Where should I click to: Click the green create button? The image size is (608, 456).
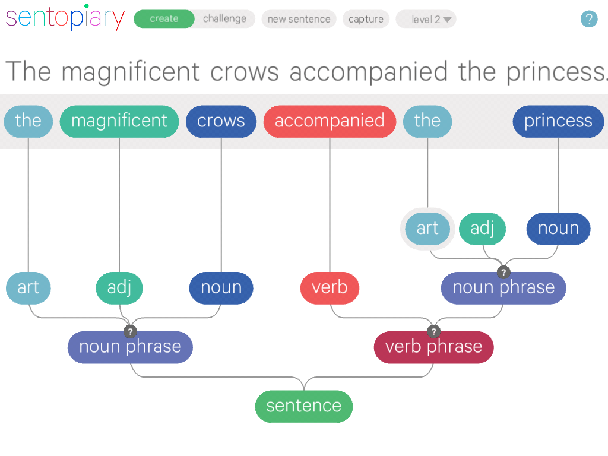tap(164, 19)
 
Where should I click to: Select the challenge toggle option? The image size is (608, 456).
tap(224, 19)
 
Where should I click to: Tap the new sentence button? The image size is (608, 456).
tap(299, 19)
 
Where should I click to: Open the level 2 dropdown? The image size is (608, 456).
tap(426, 19)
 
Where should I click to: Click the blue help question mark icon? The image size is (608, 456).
tap(588, 19)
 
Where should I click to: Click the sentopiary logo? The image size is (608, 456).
tap(65, 18)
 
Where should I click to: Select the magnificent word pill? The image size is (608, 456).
tap(119, 121)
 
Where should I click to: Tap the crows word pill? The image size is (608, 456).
tap(221, 121)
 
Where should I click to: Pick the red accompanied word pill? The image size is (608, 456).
tap(330, 121)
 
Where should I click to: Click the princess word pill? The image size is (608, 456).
tap(558, 121)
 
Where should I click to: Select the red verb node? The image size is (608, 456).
tap(330, 287)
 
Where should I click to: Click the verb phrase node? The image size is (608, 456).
tap(433, 347)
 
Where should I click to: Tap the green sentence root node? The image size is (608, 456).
tap(304, 406)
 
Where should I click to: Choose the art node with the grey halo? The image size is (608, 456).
tap(427, 229)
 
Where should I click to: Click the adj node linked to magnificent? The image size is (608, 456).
tap(119, 288)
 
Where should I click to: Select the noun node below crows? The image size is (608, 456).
tap(221, 288)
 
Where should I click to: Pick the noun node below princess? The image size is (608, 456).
tap(558, 229)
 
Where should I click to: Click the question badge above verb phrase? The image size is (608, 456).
tap(434, 331)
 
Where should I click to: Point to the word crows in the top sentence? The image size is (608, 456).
tap(244, 72)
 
